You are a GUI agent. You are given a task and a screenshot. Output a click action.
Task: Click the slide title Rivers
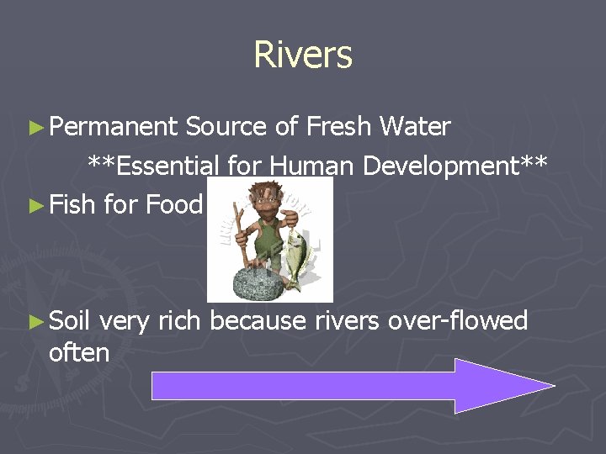pos(303,55)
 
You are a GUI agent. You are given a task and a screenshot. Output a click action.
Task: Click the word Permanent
pos(113,128)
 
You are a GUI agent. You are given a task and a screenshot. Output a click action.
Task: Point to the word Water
pos(415,128)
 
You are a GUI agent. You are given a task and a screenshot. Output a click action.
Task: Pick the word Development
pos(446,166)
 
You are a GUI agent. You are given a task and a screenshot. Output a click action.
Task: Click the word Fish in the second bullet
pos(72,204)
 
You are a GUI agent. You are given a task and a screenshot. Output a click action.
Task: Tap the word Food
pos(174,204)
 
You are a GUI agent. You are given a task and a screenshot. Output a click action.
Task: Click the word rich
pos(178,320)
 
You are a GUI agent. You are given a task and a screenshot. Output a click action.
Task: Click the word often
pos(79,353)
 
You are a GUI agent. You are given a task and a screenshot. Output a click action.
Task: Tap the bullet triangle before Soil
pos(35,321)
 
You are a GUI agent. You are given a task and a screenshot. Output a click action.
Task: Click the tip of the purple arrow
pos(551,386)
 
